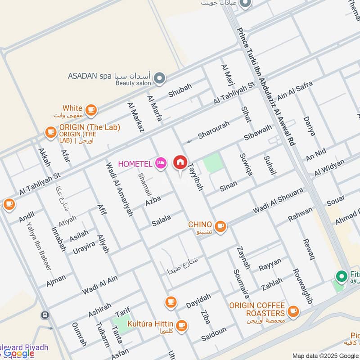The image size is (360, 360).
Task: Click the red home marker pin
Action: [180, 162]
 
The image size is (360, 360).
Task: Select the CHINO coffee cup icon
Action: [220, 226]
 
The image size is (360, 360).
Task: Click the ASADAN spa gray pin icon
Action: [159, 79]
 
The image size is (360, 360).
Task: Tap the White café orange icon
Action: [91, 109]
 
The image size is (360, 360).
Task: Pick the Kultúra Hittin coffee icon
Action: [181, 325]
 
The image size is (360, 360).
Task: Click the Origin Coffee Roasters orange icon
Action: [293, 311]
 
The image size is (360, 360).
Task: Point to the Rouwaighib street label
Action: [302, 286]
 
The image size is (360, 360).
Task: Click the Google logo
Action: [19, 353]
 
